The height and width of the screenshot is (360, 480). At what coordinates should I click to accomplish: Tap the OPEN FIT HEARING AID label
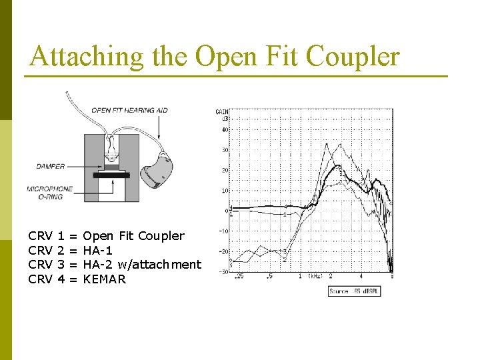click(x=129, y=110)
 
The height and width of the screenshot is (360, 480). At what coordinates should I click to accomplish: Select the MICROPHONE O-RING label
click(x=50, y=193)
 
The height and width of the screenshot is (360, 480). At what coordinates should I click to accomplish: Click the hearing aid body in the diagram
click(x=157, y=171)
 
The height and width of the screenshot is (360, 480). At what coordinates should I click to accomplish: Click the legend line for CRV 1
click(x=106, y=235)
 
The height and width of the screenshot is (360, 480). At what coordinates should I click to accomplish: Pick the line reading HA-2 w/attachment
click(x=141, y=265)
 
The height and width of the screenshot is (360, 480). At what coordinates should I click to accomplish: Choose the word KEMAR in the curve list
click(x=104, y=279)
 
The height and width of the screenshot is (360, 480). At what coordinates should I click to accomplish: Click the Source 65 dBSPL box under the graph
click(x=353, y=291)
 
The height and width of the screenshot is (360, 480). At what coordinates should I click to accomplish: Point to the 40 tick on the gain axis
click(x=225, y=129)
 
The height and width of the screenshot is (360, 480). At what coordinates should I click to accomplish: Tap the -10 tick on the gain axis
click(x=225, y=231)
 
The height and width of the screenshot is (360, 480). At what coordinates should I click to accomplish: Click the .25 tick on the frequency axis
click(x=239, y=276)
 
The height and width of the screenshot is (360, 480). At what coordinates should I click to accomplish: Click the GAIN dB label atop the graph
click(x=221, y=115)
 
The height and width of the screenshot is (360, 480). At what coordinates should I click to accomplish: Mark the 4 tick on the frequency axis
click(x=361, y=276)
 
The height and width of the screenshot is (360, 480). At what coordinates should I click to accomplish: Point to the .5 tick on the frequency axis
click(x=269, y=276)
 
